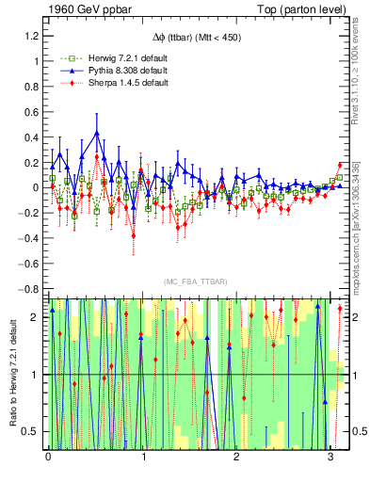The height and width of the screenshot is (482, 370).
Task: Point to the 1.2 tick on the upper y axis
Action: [32, 36]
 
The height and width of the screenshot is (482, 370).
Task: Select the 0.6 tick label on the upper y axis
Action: [32, 111]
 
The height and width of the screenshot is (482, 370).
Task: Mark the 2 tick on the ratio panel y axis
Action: [36, 317]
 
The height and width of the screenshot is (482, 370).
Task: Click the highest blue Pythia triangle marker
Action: [96, 133]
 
